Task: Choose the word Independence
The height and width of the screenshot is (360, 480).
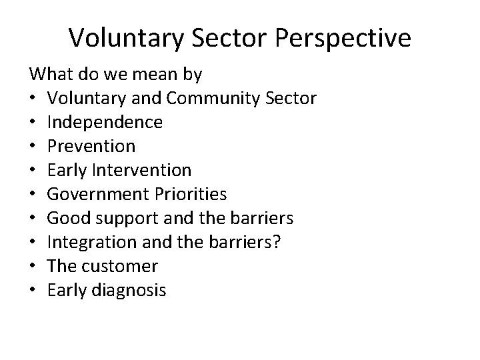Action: pyautogui.click(x=105, y=123)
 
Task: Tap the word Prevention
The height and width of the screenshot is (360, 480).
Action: pyautogui.click(x=91, y=147)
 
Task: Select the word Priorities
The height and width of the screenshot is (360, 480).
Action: pyautogui.click(x=189, y=195)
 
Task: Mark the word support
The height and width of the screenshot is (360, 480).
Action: pyautogui.click(x=121, y=219)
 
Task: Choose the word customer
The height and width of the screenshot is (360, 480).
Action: pyautogui.click(x=120, y=267)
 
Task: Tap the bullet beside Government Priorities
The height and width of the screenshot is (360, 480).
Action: pyautogui.click(x=33, y=195)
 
